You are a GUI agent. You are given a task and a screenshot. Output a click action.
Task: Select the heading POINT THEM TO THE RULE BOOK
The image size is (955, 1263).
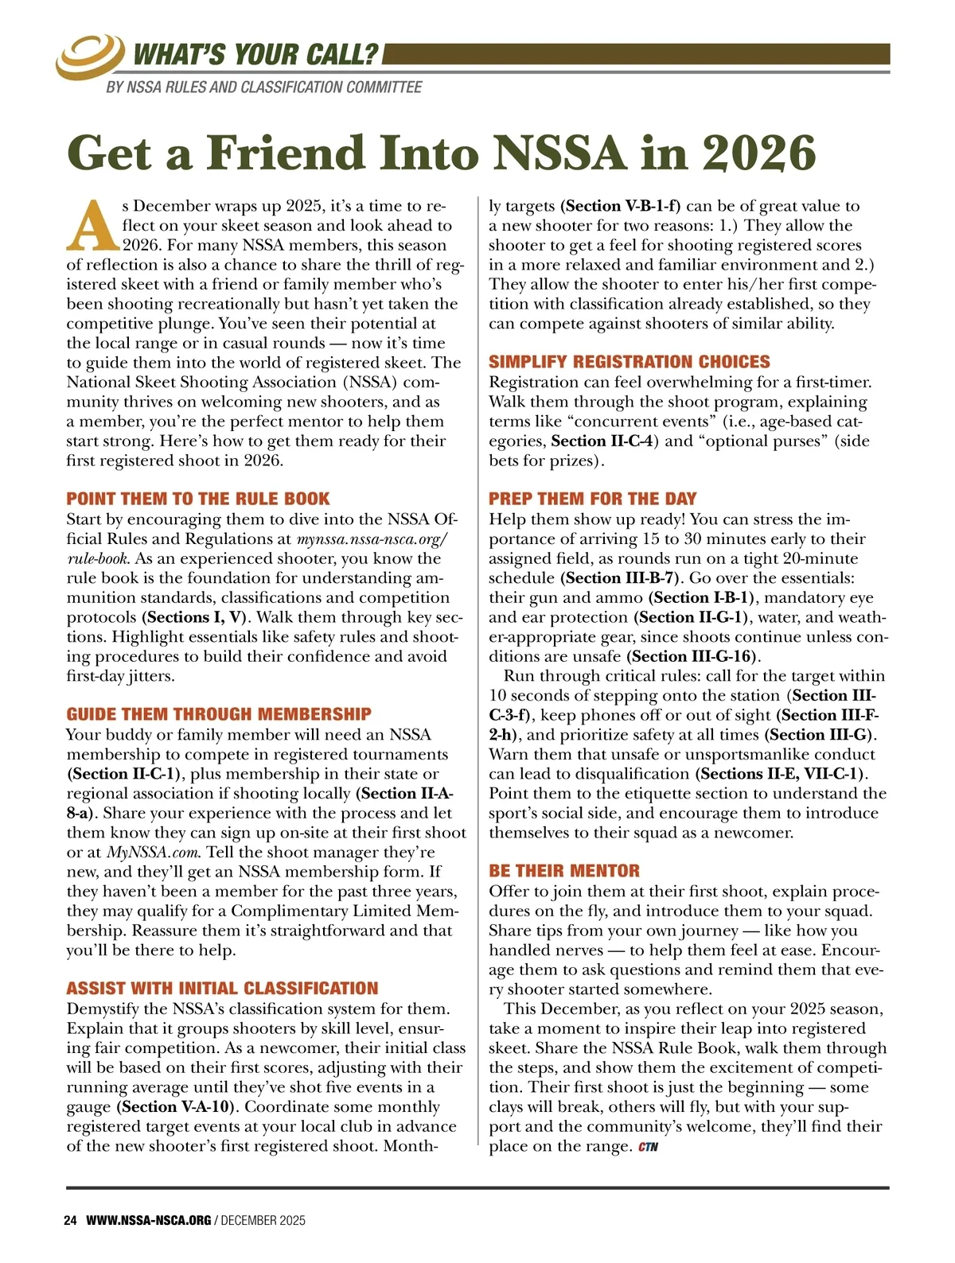tap(197, 499)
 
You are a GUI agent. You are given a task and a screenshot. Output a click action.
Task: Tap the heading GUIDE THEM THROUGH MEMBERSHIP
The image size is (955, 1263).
tap(219, 714)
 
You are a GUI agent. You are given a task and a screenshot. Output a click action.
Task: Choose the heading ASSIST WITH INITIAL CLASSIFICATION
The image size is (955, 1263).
tap(222, 989)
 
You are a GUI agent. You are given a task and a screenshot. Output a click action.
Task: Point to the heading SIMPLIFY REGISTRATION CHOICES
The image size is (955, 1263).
tap(629, 362)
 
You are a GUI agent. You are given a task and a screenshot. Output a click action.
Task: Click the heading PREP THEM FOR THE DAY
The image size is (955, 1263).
tap(592, 499)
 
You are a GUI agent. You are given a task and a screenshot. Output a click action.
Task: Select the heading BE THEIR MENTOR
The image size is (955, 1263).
tap(563, 871)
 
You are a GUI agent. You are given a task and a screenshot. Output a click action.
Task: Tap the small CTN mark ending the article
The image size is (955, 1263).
tap(649, 1147)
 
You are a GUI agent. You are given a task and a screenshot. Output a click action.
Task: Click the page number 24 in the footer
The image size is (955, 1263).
tap(70, 1220)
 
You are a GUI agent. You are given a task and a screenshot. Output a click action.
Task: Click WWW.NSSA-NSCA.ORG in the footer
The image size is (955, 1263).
tap(148, 1220)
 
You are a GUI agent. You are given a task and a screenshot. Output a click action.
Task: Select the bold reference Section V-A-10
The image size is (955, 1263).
tap(180, 1106)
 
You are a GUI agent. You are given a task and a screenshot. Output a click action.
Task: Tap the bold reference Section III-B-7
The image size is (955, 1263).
tap(621, 578)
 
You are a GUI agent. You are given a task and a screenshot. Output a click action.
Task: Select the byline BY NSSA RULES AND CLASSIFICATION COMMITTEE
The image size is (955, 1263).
tap(263, 87)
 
